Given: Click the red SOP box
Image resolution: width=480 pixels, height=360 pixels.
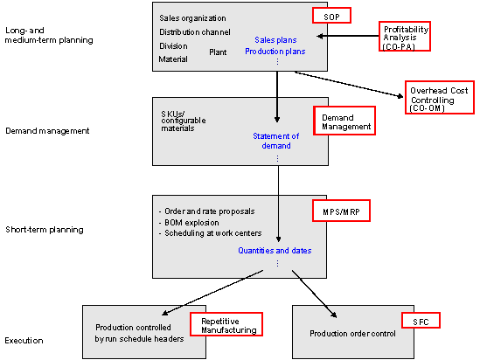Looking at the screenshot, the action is (x=331, y=16).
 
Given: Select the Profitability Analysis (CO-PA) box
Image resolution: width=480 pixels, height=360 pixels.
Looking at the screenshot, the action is (x=405, y=36).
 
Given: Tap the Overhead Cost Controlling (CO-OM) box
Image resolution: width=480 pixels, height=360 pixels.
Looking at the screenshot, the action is (x=440, y=98).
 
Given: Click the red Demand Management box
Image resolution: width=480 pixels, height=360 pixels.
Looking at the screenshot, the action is (x=344, y=121).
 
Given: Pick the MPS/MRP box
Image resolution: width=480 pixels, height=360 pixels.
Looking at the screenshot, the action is (x=341, y=211).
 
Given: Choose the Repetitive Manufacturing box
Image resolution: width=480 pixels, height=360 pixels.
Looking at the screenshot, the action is (x=226, y=324).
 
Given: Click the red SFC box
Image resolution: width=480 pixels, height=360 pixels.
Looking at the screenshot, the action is (x=421, y=320).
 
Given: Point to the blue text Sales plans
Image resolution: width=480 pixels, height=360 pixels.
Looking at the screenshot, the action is (x=275, y=40).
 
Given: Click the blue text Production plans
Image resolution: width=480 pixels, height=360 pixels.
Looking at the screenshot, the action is (x=275, y=52).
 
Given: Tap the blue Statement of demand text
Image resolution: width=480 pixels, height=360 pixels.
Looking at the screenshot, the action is (x=275, y=141).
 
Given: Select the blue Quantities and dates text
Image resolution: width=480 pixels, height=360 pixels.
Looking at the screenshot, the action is (x=275, y=251).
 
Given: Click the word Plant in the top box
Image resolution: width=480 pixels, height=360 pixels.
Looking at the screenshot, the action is (x=218, y=52).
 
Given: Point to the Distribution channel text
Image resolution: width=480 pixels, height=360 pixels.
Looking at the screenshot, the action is (x=195, y=32).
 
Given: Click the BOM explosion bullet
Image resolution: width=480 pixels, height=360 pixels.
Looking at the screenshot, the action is (x=189, y=222).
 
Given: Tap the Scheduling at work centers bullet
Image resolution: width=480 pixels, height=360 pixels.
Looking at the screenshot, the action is (x=211, y=233).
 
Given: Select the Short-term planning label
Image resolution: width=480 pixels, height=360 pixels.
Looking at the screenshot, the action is (x=45, y=230).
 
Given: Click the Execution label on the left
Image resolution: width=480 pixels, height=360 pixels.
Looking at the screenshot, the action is (x=24, y=341).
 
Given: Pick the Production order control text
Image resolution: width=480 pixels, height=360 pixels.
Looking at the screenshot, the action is (x=352, y=334).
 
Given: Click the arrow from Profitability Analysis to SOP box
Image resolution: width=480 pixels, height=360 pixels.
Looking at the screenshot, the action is (x=348, y=36).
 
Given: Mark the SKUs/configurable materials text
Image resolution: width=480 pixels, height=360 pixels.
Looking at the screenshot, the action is (x=184, y=121).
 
